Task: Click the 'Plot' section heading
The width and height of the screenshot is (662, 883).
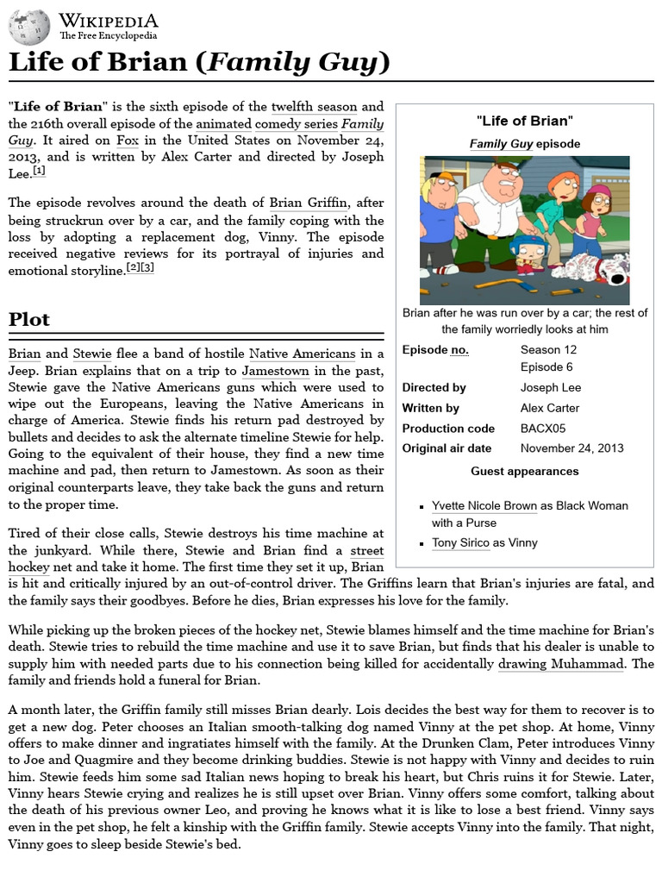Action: tap(29, 319)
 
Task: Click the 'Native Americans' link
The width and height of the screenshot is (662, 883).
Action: tap(302, 354)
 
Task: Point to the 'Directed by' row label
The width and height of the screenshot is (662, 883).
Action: tap(434, 388)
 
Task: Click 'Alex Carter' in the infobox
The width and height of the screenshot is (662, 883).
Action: tap(549, 408)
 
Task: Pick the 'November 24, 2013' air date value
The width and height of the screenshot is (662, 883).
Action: tap(571, 448)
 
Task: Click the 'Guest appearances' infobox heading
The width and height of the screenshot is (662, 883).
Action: tap(524, 471)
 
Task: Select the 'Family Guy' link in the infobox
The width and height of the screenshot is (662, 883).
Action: tap(500, 144)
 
